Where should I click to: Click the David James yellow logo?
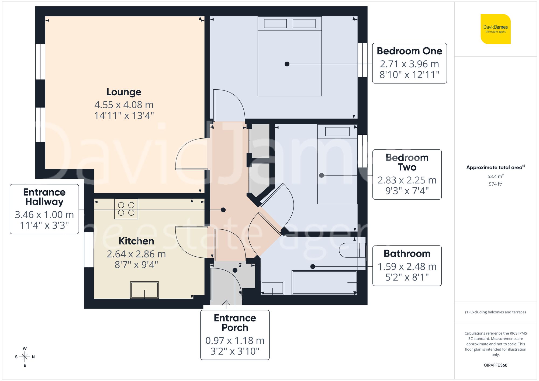(495, 29)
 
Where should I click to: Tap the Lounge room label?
(124, 92)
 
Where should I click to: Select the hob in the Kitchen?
(126, 209)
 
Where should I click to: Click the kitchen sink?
(144, 290)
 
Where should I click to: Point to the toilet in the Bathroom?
(352, 250)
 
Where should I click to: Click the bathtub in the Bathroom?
(324, 282)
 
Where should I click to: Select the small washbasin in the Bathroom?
(272, 288)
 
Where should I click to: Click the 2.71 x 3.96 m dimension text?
(409, 64)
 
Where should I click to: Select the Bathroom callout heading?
(407, 254)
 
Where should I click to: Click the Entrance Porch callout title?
(235, 323)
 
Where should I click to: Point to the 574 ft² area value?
(495, 184)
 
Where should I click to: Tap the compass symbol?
(25, 357)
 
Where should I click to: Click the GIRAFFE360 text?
(495, 365)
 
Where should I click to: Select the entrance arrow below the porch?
(226, 304)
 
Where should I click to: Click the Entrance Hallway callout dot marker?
(223, 210)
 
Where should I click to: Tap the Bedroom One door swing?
(229, 105)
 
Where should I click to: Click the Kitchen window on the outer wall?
(89, 250)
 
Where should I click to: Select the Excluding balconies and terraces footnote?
(495, 312)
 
